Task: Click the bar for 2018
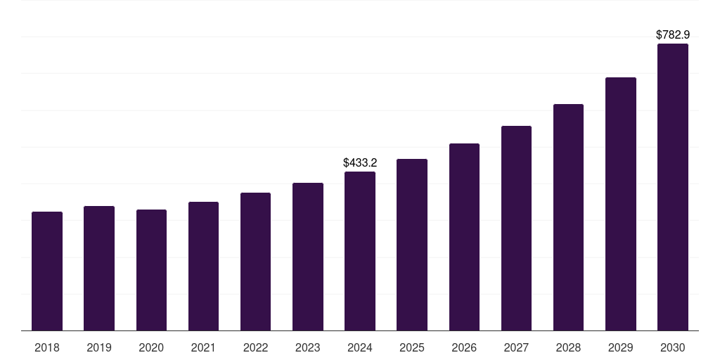[x=47, y=271]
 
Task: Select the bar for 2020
[x=151, y=270]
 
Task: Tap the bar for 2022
[x=255, y=262]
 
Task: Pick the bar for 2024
[x=360, y=251]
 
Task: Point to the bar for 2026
[x=464, y=237]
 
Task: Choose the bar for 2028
[x=568, y=217]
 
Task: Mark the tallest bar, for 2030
[x=673, y=187]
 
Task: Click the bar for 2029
[x=621, y=204]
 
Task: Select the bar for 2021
[x=203, y=266]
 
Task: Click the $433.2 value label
[x=360, y=162]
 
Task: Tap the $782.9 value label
[x=673, y=35]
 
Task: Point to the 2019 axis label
[x=99, y=347]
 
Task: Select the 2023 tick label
[x=308, y=347]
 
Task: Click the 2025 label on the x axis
[x=412, y=347]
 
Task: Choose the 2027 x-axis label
[x=516, y=347]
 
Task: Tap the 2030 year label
[x=673, y=347]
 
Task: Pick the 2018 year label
[x=47, y=347]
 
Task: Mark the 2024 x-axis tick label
[x=360, y=347]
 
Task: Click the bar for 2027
[x=516, y=229]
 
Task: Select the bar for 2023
[x=308, y=257]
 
